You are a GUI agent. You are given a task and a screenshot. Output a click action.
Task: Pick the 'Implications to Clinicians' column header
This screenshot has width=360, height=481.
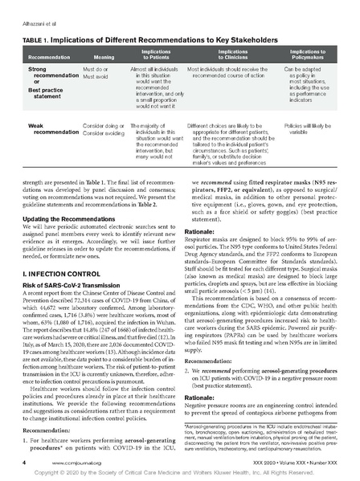point(233,55)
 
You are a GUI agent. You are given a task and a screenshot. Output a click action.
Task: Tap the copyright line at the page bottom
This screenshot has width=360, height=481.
point(180,474)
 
